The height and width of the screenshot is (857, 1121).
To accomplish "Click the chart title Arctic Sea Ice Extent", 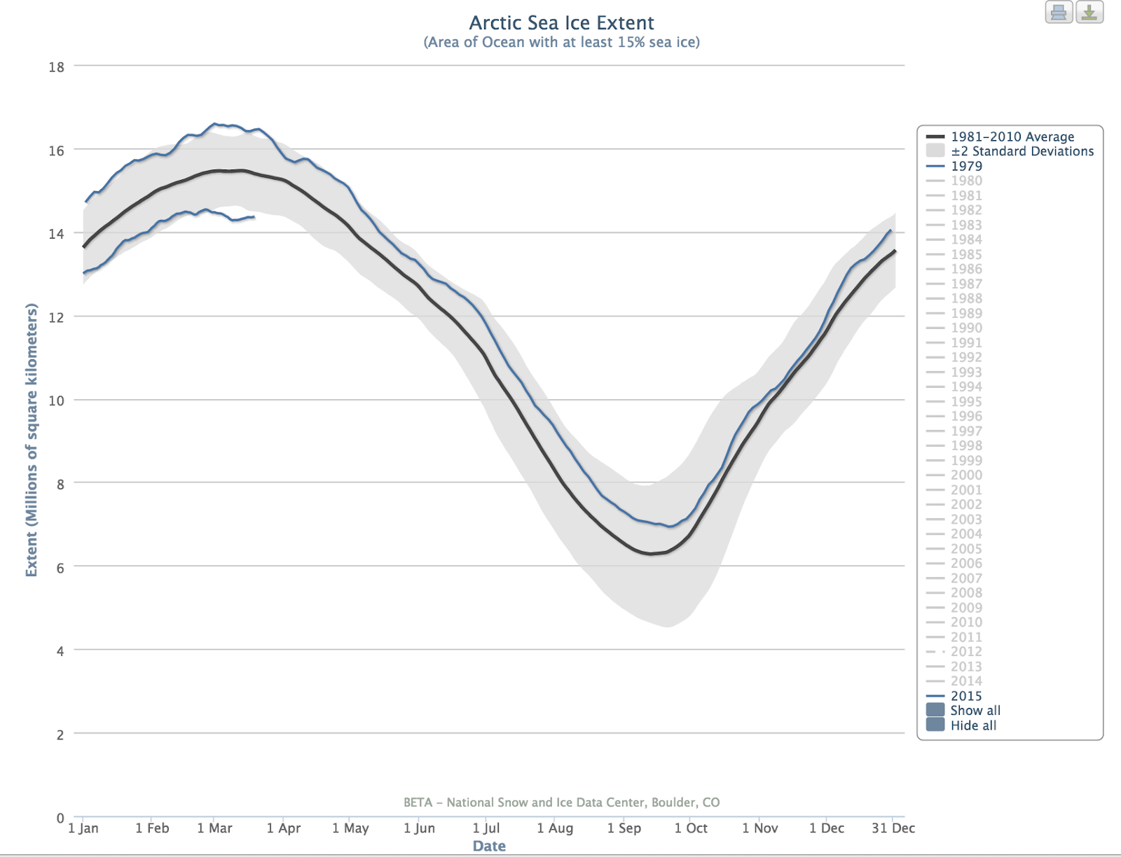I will pyautogui.click(x=561, y=23).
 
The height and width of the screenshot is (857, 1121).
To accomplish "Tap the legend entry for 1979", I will pyautogui.click(x=966, y=166).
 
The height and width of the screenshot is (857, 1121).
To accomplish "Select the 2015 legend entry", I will pyautogui.click(x=966, y=696).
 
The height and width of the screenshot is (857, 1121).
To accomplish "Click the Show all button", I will pyautogui.click(x=975, y=710).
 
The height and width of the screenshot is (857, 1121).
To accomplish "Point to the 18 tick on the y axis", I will pyautogui.click(x=57, y=67).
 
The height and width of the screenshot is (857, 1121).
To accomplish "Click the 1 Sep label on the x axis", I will pyautogui.click(x=624, y=828).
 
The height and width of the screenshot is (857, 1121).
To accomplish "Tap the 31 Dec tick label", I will pyautogui.click(x=893, y=828).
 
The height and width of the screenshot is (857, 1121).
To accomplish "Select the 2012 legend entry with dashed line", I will pyautogui.click(x=966, y=651).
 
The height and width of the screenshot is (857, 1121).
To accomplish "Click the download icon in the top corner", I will pyautogui.click(x=1089, y=13).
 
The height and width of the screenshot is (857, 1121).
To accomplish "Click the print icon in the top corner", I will pyautogui.click(x=1059, y=13).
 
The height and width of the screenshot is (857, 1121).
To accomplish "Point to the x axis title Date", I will pyautogui.click(x=489, y=846).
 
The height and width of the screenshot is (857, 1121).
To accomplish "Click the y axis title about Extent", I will pyautogui.click(x=32, y=440).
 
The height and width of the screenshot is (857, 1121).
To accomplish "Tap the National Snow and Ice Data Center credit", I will pyautogui.click(x=561, y=802).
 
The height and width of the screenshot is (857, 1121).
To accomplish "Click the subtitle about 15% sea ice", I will pyautogui.click(x=561, y=43).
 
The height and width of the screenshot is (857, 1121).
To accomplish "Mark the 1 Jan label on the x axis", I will pyautogui.click(x=83, y=828).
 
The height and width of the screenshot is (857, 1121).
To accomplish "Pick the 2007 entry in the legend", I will pyautogui.click(x=966, y=578).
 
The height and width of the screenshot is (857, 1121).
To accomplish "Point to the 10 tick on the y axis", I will pyautogui.click(x=57, y=400).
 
